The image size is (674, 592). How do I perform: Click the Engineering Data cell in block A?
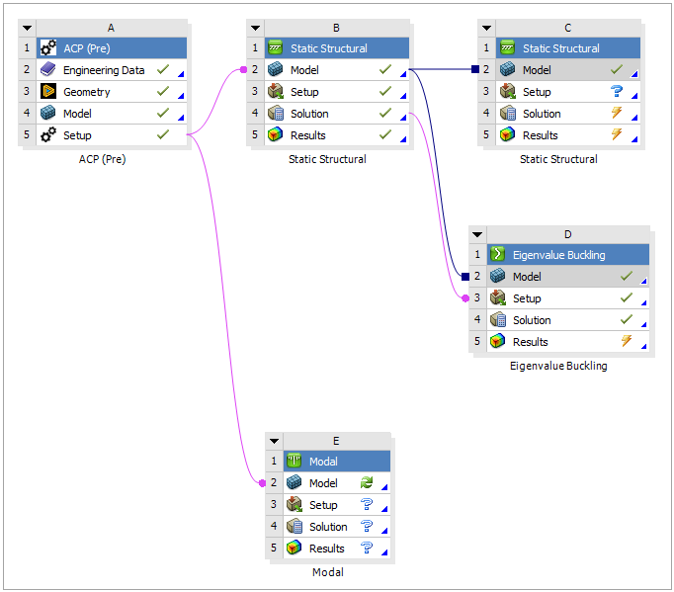pos(103,70)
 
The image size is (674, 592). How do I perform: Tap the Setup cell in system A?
pos(78,135)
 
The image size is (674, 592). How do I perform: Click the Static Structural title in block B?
pos(328,48)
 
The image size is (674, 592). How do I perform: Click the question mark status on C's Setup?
pos(616,92)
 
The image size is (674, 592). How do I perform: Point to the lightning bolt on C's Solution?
pos(616,114)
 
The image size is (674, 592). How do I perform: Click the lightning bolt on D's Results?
pos(626,342)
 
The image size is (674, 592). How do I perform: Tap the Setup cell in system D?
pos(527,298)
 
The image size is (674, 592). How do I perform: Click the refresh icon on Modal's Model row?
pos(367,483)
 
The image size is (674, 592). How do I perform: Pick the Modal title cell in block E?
pos(323,462)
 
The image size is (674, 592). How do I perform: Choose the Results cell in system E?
pos(326,549)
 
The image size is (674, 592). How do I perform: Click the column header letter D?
pos(567,234)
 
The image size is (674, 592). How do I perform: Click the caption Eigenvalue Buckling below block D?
pos(558,366)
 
